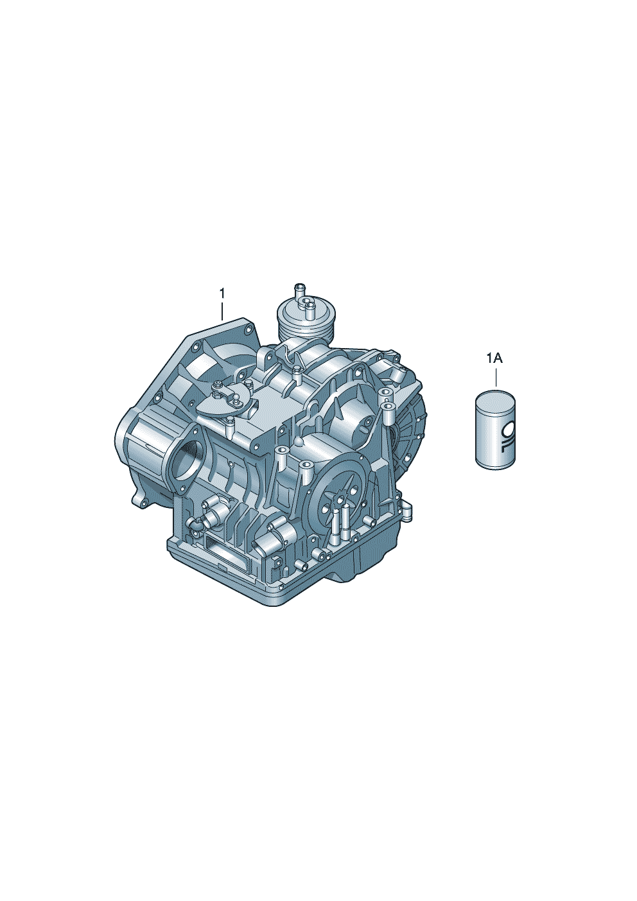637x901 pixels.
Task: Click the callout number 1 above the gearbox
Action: [222, 293]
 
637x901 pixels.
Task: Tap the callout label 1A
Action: [494, 358]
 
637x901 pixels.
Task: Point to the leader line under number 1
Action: [222, 311]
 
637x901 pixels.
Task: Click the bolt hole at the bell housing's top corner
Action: [247, 331]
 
